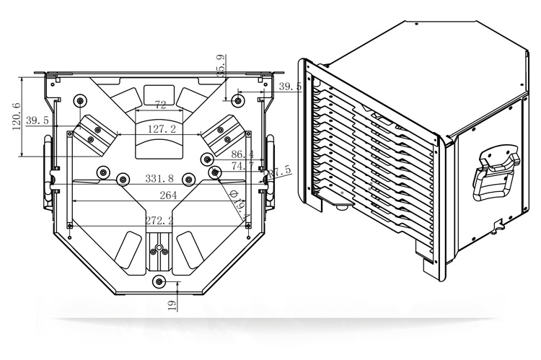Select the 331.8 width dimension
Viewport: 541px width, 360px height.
[159, 178]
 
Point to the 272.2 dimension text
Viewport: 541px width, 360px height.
[159, 220]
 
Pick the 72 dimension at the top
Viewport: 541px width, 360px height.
[160, 105]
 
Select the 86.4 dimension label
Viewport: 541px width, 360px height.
[242, 154]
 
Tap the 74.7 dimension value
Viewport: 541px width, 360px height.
[242, 166]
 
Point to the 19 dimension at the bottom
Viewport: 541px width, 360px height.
[172, 305]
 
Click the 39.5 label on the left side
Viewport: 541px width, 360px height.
[37, 120]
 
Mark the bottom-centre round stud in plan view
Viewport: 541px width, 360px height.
[160, 281]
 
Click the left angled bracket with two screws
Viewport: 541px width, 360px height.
[92, 134]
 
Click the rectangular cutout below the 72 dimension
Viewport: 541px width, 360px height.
[159, 94]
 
